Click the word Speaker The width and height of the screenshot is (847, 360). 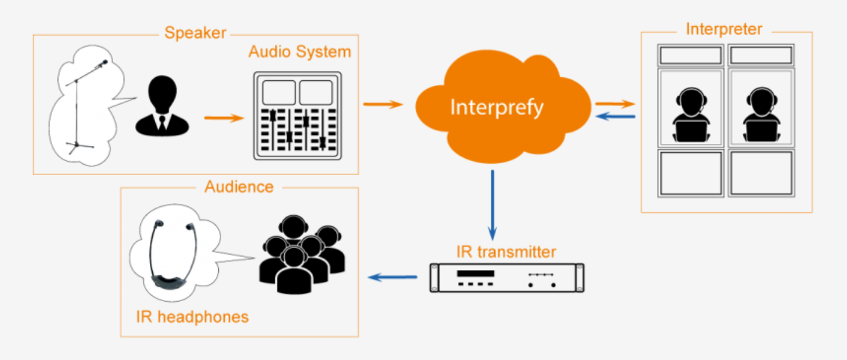pyautogui.click(x=195, y=33)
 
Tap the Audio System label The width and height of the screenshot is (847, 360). pyautogui.click(x=300, y=52)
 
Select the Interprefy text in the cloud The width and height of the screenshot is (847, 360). pyautogui.click(x=497, y=107)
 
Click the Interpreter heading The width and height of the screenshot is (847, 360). pyautogui.click(x=724, y=29)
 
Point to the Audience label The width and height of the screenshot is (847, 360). pyautogui.click(x=239, y=187)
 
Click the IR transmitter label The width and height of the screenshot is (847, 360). pyautogui.click(x=506, y=252)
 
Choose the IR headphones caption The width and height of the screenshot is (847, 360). pyautogui.click(x=192, y=317)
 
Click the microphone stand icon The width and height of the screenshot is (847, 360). pyautogui.click(x=83, y=107)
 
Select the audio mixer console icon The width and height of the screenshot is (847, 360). pyautogui.click(x=297, y=115)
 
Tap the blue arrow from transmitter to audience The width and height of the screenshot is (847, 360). pyautogui.click(x=393, y=277)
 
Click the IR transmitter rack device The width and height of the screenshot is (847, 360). pyautogui.click(x=507, y=278)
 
